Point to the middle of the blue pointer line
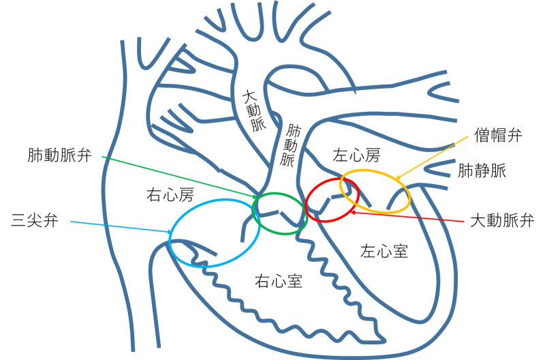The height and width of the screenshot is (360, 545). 119,227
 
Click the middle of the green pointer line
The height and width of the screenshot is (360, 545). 178,177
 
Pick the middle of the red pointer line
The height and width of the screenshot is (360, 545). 407,217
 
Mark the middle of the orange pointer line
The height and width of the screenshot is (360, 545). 432,157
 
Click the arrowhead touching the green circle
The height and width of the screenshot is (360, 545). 255,198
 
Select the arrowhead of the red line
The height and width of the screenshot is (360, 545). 352,212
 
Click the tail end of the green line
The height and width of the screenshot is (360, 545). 102,156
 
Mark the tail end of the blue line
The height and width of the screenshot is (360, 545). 69,221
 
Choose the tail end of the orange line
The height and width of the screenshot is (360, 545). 468,136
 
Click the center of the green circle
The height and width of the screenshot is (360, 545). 279,214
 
